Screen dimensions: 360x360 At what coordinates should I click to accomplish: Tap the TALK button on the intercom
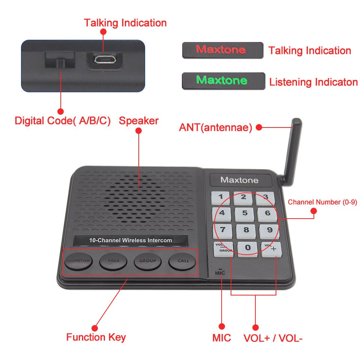tap(113, 261)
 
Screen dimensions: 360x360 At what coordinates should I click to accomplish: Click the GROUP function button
tap(148, 261)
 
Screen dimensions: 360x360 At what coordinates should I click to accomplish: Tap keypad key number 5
tap(244, 213)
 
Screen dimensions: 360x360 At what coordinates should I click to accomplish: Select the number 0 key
tap(247, 248)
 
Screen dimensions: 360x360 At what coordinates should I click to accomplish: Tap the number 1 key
tap(221, 196)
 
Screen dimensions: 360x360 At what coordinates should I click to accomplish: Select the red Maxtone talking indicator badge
tap(222, 50)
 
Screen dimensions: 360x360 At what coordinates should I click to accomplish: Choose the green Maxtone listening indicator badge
tap(223, 81)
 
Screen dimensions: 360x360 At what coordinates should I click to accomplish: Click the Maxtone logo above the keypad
tap(239, 180)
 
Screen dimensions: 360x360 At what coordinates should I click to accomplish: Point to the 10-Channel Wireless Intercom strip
tap(130, 240)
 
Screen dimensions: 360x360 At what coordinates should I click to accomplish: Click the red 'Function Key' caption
tap(96, 337)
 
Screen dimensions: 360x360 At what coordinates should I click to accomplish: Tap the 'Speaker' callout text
tap(139, 121)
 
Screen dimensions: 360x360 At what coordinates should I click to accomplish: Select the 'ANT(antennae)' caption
tap(215, 127)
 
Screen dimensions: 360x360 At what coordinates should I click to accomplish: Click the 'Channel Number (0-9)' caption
tap(322, 202)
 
